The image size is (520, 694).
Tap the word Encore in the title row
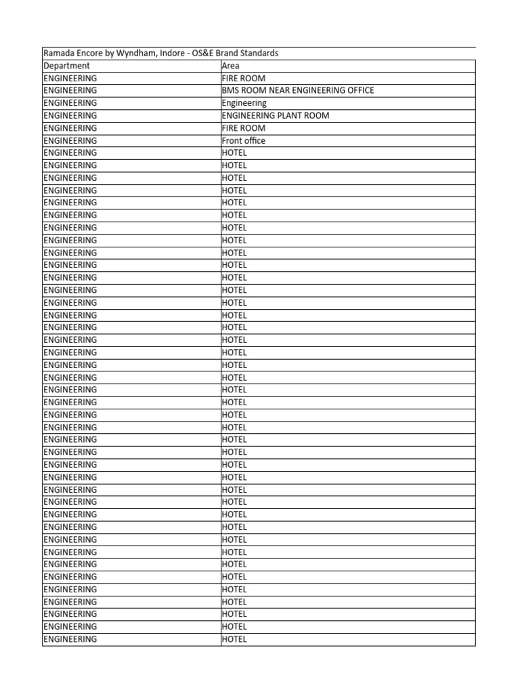click(89, 53)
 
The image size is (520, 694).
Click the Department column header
click(66, 66)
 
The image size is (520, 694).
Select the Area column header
click(230, 66)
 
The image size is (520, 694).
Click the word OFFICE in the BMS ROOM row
click(360, 91)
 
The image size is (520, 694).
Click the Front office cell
click(244, 140)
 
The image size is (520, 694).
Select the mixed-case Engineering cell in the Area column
click(244, 103)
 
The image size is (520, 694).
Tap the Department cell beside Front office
click(70, 140)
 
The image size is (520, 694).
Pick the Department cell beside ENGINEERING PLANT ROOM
click(70, 115)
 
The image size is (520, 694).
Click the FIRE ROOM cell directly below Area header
click(244, 78)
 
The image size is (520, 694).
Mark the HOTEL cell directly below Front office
click(234, 152)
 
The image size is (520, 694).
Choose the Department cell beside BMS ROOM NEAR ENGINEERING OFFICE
click(70, 91)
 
